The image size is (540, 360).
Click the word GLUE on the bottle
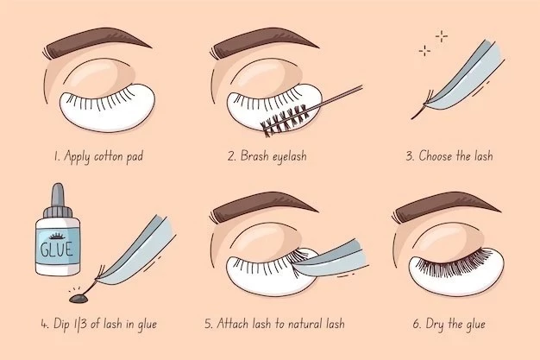(57, 249)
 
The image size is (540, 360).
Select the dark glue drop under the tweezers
(79, 299)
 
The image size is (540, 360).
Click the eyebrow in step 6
(446, 207)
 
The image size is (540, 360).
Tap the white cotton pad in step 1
(107, 108)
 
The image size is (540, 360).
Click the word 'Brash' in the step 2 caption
(254, 156)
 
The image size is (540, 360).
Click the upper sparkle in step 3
(442, 36)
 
